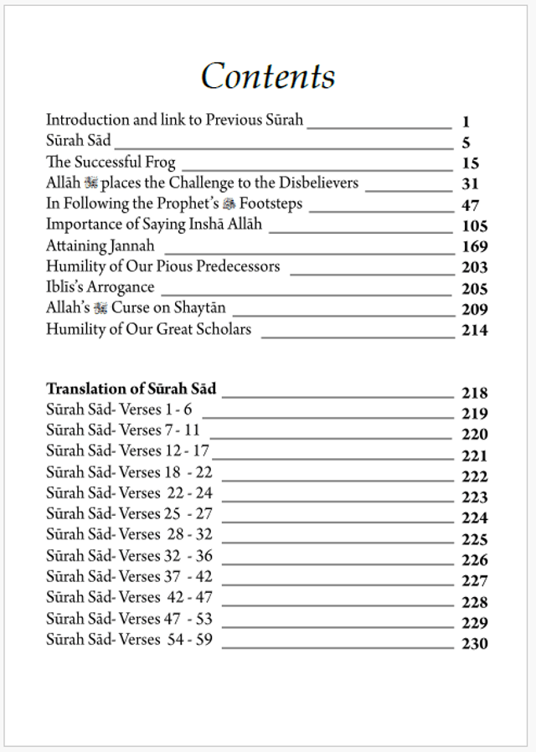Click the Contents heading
click(268, 76)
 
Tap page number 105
click(474, 226)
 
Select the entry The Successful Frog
click(111, 162)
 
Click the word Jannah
click(132, 246)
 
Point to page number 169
click(474, 247)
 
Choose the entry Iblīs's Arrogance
click(100, 287)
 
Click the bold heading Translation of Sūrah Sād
click(131, 389)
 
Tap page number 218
click(474, 393)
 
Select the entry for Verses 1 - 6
click(119, 409)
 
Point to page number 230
click(474, 644)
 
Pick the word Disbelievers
click(317, 183)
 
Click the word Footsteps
click(271, 203)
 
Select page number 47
click(470, 205)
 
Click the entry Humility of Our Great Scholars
click(148, 329)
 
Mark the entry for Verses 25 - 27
click(129, 513)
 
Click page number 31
click(470, 184)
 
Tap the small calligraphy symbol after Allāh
click(92, 183)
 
